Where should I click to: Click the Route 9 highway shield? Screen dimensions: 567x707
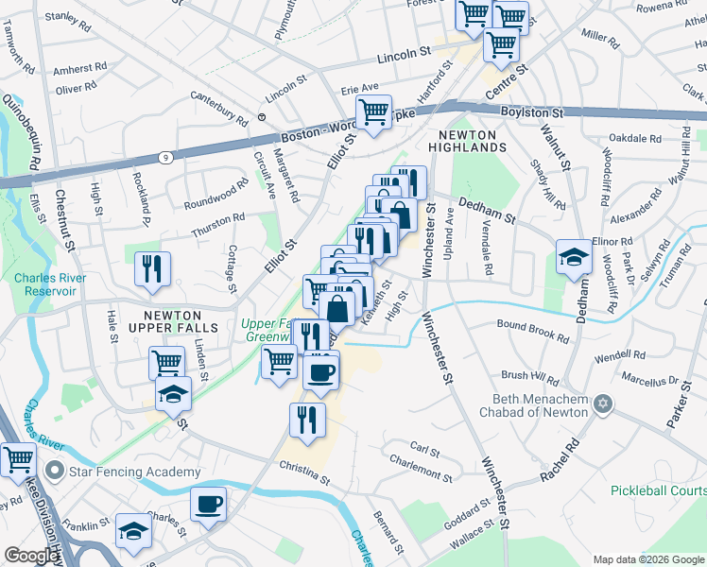(x=165, y=157)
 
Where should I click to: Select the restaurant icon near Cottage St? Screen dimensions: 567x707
(x=151, y=268)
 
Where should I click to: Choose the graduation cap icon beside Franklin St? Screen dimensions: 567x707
(x=132, y=532)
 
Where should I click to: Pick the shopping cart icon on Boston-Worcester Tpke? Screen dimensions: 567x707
(x=374, y=112)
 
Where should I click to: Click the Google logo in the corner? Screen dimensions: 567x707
(x=30, y=556)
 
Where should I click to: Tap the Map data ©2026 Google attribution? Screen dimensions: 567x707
(x=648, y=559)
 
